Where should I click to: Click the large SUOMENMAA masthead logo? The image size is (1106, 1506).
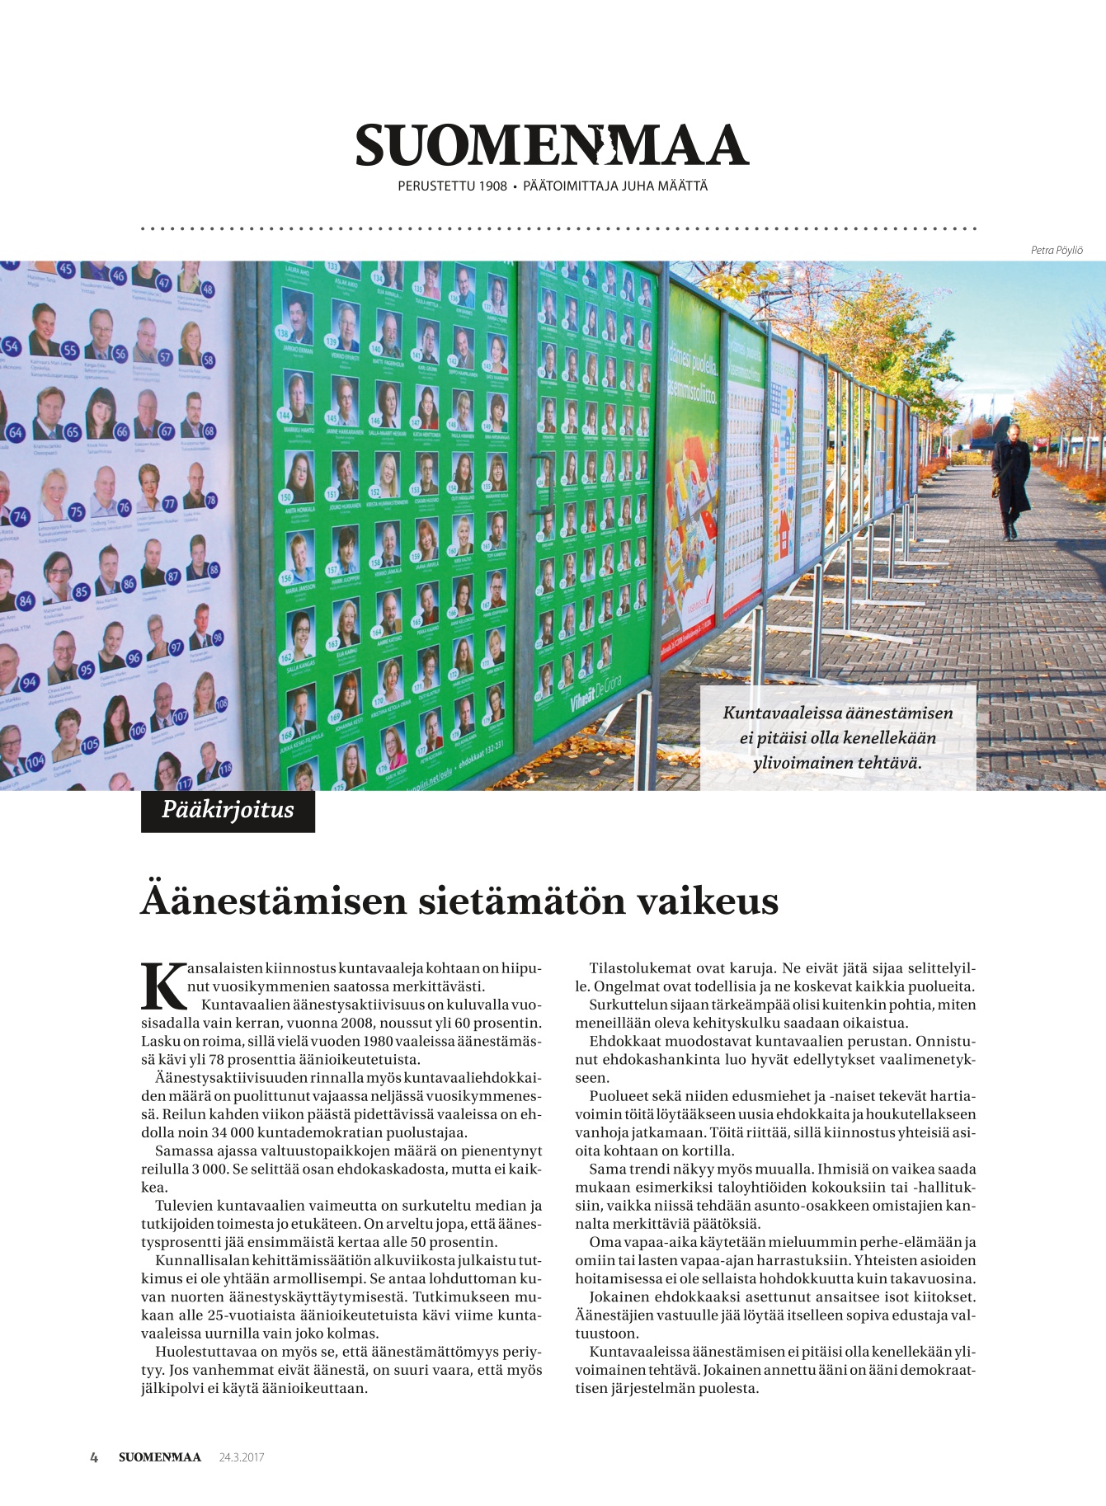[552, 146]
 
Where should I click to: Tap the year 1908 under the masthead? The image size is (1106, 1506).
[491, 186]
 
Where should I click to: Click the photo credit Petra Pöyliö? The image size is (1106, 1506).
[1057, 251]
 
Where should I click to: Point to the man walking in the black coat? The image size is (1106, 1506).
[1010, 482]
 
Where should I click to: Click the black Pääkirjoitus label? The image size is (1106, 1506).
[228, 810]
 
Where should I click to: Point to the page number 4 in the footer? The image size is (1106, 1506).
[94, 1457]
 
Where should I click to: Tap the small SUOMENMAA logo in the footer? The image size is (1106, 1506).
[159, 1457]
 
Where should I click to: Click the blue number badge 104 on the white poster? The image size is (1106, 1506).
[35, 761]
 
